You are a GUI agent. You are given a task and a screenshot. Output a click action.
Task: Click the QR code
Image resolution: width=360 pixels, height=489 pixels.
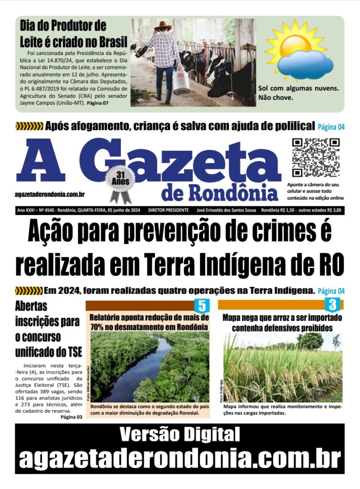click(315, 157)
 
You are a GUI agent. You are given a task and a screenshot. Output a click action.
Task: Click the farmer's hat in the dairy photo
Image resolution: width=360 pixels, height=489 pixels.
click(163, 25)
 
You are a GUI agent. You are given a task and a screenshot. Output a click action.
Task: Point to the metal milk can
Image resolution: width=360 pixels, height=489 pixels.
click(181, 81)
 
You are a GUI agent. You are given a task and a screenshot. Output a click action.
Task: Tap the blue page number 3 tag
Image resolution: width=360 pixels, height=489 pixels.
click(332, 304)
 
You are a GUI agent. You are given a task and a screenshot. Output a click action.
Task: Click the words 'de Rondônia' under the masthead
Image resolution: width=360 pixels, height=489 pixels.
click(219, 192)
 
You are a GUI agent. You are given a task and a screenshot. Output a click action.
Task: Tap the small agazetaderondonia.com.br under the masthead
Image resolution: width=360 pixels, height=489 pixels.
click(50, 194)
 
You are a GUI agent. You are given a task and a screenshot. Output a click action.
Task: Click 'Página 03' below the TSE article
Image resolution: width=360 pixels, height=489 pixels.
click(72, 417)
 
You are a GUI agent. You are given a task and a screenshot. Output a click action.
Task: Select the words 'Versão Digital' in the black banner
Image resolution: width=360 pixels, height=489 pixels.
click(180, 435)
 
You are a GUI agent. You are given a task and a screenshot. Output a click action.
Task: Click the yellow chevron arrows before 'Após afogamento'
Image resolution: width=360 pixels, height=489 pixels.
click(29, 127)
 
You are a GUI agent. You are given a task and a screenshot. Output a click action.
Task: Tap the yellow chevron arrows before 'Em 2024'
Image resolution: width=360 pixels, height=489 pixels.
click(29, 290)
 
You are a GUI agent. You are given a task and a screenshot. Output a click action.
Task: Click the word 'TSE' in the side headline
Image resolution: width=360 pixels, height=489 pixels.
click(72, 352)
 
